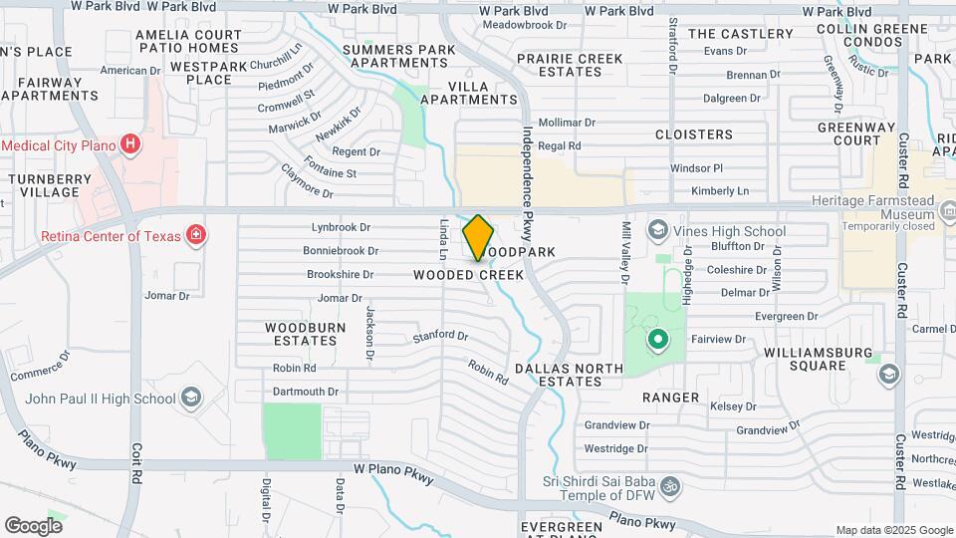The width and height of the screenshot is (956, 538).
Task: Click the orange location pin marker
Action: tap(479, 237)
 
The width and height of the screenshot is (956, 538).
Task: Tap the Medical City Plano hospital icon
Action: tap(129, 145)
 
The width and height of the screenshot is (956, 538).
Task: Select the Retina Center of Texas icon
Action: tap(197, 236)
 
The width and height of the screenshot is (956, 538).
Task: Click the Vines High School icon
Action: tap(657, 231)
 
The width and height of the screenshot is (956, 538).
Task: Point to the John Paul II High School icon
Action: tap(191, 400)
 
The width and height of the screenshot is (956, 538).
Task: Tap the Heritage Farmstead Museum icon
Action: tap(946, 210)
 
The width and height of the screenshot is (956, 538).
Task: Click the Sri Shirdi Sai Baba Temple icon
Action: tap(671, 487)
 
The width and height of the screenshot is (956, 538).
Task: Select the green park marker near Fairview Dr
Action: tap(657, 342)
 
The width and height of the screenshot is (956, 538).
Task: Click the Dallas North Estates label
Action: tap(570, 375)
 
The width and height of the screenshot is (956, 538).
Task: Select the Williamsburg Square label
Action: tap(819, 360)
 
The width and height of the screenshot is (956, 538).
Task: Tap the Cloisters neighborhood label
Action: tap(693, 134)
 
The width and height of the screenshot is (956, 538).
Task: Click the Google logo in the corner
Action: tap(33, 525)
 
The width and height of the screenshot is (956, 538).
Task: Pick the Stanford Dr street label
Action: tap(440, 337)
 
